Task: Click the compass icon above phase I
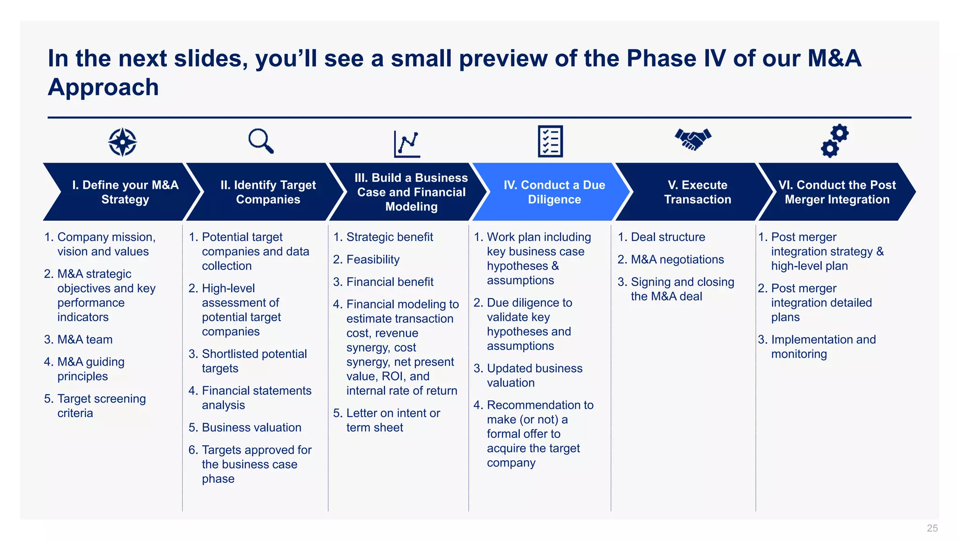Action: point(122,142)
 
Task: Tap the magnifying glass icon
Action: point(260,141)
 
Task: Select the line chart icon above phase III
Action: point(407,143)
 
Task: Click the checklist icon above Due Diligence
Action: point(550,141)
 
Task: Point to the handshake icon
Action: point(693,139)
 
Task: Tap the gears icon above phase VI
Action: point(834,141)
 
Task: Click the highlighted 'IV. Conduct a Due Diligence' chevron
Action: point(554,192)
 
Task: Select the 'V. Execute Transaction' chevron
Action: point(697,192)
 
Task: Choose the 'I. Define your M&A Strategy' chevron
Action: point(125,192)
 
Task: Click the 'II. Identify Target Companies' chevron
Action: point(268,192)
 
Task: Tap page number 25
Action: point(932,528)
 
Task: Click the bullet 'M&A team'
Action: point(84,339)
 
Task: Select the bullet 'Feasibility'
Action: point(372,259)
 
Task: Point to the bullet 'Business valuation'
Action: point(251,427)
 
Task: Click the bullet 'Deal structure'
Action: point(667,237)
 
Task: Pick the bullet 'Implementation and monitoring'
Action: point(823,346)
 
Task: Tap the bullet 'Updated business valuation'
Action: point(534,375)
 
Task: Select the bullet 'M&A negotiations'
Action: point(677,259)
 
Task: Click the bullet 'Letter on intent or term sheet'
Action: point(392,420)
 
